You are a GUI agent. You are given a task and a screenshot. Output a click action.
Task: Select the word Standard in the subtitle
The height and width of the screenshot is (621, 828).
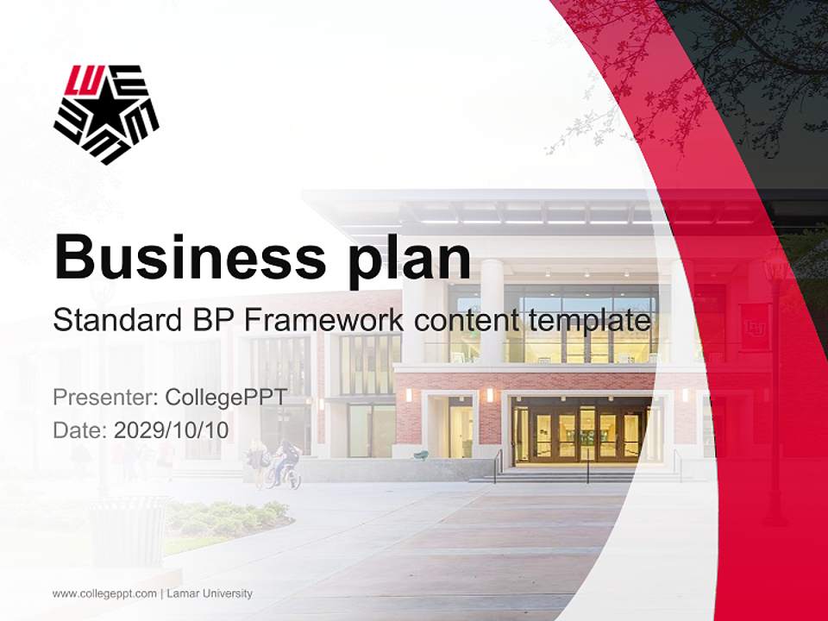pyautogui.click(x=115, y=320)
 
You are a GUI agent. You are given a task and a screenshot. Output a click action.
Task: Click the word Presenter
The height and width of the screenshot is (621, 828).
pyautogui.click(x=104, y=397)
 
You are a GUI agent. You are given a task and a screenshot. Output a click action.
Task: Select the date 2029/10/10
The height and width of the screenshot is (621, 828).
pyautogui.click(x=172, y=430)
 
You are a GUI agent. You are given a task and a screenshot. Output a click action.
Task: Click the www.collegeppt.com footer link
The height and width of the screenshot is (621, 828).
pyautogui.click(x=104, y=593)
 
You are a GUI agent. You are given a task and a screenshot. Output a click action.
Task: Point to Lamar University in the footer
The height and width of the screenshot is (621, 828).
pyautogui.click(x=210, y=593)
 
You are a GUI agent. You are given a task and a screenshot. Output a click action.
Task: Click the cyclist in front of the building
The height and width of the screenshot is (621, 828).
pyautogui.click(x=285, y=466)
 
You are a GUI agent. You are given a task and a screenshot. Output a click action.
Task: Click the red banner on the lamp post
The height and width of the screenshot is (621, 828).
pyautogui.click(x=755, y=327)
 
